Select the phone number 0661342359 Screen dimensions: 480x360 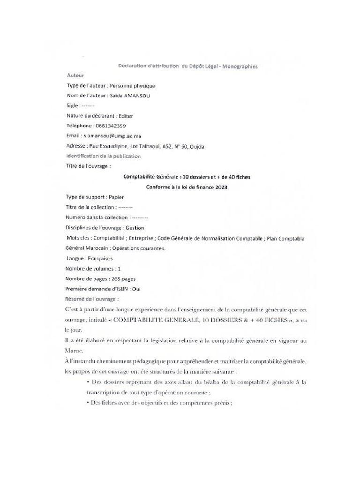click(x=110, y=126)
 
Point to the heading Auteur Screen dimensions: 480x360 click(x=75, y=75)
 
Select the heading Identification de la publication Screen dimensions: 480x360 click(x=104, y=156)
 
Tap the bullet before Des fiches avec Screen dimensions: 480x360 click(x=88, y=403)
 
